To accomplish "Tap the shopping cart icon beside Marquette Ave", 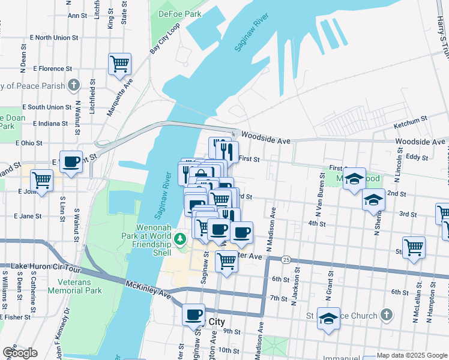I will point(119,63).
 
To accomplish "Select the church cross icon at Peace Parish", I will point(73,85).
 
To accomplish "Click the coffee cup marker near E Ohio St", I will point(71,161).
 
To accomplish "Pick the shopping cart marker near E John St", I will point(41,179).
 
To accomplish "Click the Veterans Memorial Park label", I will point(80,286).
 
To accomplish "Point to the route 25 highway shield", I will point(286,259).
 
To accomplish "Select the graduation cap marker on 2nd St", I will point(373,200).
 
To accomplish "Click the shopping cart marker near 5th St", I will point(414,247).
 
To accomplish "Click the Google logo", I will point(20,353).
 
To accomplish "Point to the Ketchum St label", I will point(410,126).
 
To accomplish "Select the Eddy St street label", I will point(416,157).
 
